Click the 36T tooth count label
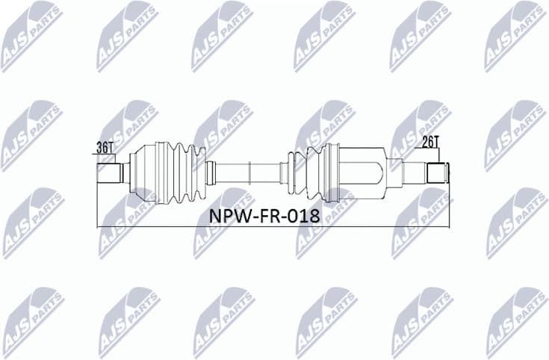(105, 147)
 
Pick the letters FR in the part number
(270, 217)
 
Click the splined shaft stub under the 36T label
(109, 174)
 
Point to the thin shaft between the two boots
(246, 172)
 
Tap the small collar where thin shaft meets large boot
(211, 172)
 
